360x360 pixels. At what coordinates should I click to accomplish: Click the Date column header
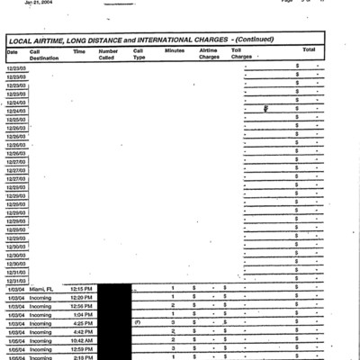pos(13,51)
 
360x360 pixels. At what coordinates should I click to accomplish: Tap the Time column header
pos(79,51)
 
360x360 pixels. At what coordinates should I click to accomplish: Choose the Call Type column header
pos(139,54)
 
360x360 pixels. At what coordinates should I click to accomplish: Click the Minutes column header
pos(175,51)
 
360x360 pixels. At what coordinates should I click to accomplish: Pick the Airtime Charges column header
pos(209,54)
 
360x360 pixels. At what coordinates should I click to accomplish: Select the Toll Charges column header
pos(241,54)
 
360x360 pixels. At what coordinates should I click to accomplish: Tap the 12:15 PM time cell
pos(83,288)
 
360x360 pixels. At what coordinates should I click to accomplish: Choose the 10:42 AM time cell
pos(83,341)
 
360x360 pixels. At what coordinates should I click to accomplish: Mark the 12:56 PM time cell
pos(83,306)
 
